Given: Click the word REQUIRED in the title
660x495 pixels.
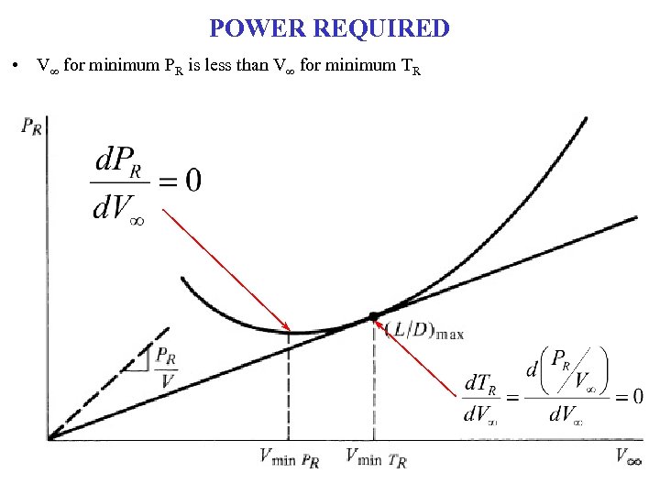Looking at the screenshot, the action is pyautogui.click(x=381, y=28).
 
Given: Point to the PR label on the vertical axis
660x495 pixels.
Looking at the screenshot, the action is pyautogui.click(x=31, y=126).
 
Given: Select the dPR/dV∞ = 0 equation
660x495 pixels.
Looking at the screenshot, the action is pyautogui.click(x=148, y=181).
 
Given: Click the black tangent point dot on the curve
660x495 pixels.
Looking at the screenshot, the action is pyautogui.click(x=373, y=316).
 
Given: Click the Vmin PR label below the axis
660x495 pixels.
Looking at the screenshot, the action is pyautogui.click(x=289, y=457).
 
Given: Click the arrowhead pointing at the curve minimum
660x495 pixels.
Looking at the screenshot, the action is pyautogui.click(x=288, y=328).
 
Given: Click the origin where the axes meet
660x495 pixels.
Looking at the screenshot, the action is pyautogui.click(x=49, y=438).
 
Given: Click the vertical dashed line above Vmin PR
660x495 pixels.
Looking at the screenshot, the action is pyautogui.click(x=290, y=385).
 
